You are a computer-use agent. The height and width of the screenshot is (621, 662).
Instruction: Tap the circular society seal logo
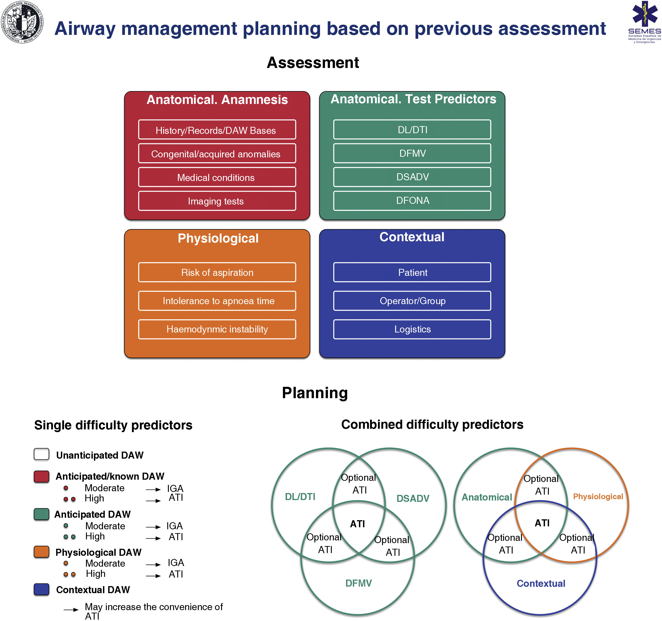(22, 22)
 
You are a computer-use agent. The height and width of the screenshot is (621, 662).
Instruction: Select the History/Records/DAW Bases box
(217, 130)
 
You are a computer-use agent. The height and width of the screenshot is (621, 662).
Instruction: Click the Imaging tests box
(217, 201)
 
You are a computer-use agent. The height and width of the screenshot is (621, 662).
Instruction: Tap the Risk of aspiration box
(217, 272)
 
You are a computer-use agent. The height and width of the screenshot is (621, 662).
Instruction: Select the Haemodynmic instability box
(217, 329)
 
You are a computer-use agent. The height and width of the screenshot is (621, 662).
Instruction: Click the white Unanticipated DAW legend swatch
(42, 454)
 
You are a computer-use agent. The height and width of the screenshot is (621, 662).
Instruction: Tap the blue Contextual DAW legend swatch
(42, 589)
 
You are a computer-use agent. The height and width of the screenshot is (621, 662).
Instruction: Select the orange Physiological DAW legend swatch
(42, 552)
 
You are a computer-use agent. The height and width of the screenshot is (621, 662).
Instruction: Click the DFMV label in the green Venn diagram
(358, 583)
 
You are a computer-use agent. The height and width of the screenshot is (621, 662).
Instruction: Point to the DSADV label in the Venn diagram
(413, 498)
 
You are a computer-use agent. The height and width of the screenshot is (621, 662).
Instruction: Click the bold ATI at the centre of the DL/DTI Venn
(357, 524)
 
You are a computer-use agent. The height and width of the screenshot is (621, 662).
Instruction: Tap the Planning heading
(315, 393)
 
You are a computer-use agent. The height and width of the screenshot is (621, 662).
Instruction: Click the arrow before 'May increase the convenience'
(71, 610)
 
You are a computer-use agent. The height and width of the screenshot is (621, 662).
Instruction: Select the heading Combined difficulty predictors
(432, 424)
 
